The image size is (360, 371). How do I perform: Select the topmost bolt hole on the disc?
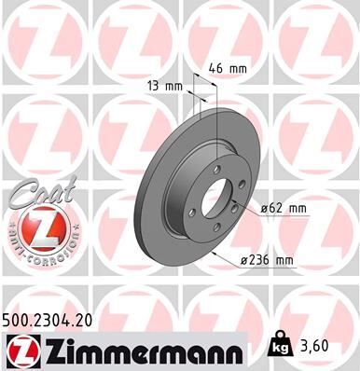(x=216, y=169)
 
